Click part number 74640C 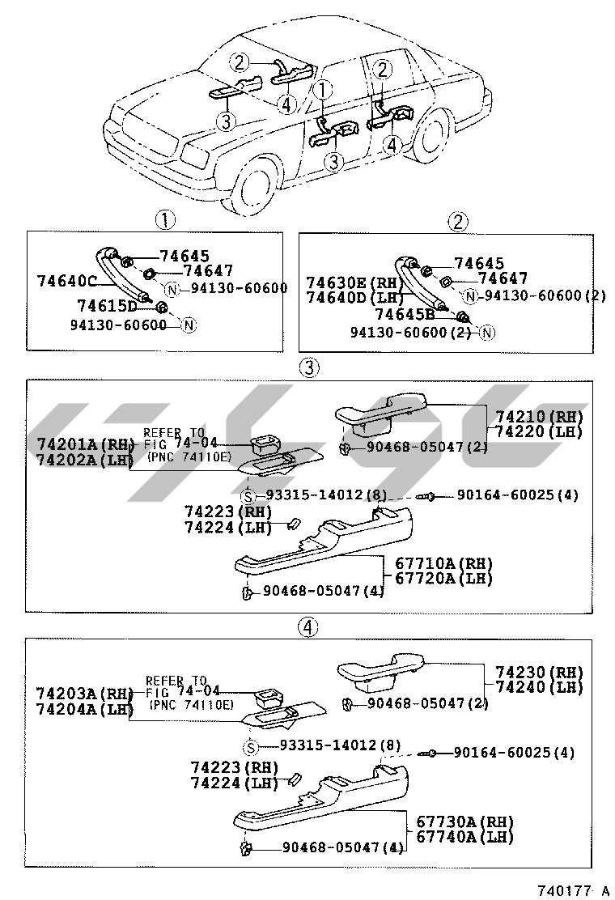(67, 281)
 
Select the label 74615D (107, 305)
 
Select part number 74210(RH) (539, 417)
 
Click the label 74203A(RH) (84, 694)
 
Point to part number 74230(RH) (539, 673)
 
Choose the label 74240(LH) (539, 687)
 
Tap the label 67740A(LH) (465, 837)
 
